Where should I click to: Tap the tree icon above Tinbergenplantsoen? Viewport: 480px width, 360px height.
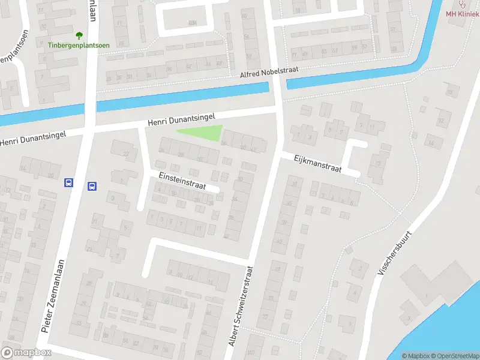[79, 35]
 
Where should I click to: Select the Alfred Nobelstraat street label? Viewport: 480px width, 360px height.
[269, 71]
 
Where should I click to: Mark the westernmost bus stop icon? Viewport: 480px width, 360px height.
[68, 183]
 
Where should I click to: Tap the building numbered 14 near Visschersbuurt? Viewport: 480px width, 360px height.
[431, 142]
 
